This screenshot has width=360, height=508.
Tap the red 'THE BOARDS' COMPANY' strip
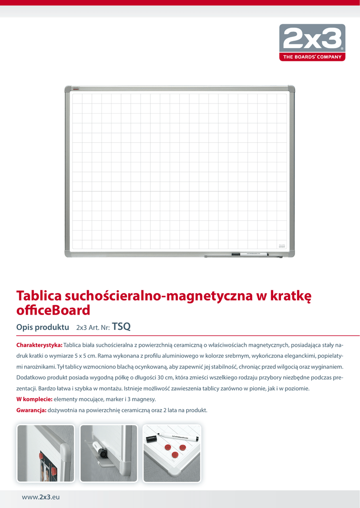(312, 57)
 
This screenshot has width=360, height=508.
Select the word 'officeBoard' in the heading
(54, 311)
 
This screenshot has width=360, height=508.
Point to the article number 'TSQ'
(121, 326)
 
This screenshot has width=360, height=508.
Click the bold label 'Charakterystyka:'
(39, 345)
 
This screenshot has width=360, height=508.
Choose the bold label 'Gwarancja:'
(31, 410)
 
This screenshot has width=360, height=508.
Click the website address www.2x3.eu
(40, 497)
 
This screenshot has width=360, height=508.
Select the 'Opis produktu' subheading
(42, 327)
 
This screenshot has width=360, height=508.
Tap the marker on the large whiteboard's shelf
(253, 255)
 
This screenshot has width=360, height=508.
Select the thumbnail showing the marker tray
(108, 453)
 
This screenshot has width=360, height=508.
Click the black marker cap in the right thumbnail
(151, 439)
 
